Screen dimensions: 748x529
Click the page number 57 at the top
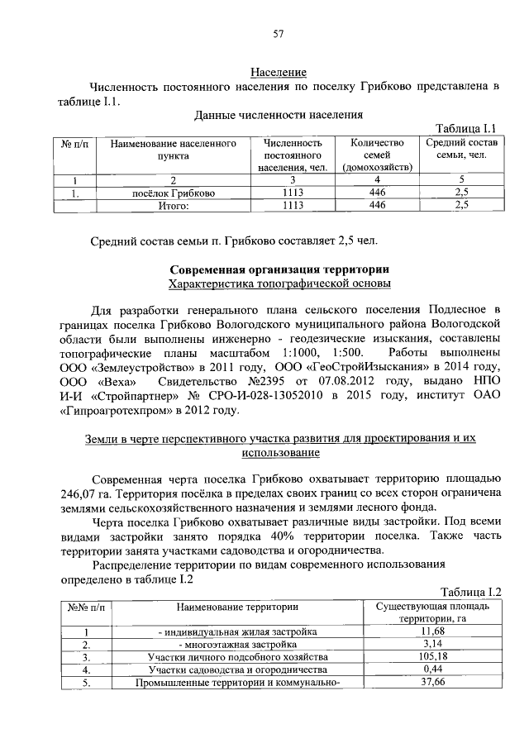point(279,34)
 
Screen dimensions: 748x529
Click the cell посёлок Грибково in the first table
point(174,193)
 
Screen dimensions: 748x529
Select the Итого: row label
point(174,205)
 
